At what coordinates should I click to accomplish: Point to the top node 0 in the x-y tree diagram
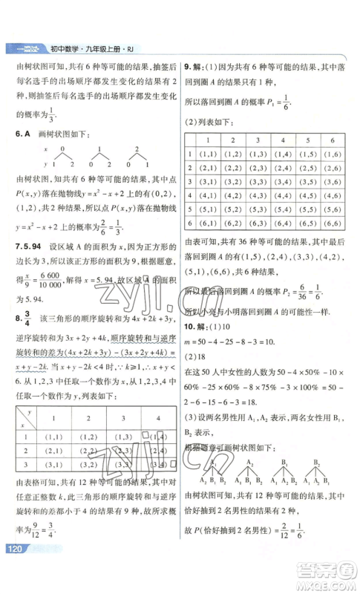tap(62, 149)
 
